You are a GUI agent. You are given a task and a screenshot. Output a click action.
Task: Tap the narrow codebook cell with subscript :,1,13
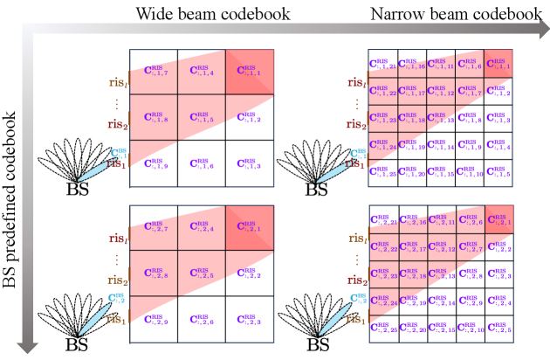441,119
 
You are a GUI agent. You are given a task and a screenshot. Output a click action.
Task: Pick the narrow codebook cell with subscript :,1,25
382,174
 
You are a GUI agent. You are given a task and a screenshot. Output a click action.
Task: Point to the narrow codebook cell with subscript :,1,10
471,174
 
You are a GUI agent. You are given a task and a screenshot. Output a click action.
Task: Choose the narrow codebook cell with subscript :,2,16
411,222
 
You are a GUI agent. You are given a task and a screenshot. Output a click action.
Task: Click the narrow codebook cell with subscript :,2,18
411,275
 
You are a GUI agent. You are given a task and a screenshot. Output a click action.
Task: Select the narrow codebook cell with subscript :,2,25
382,329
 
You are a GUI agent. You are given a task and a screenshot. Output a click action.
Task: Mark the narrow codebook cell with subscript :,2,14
441,302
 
